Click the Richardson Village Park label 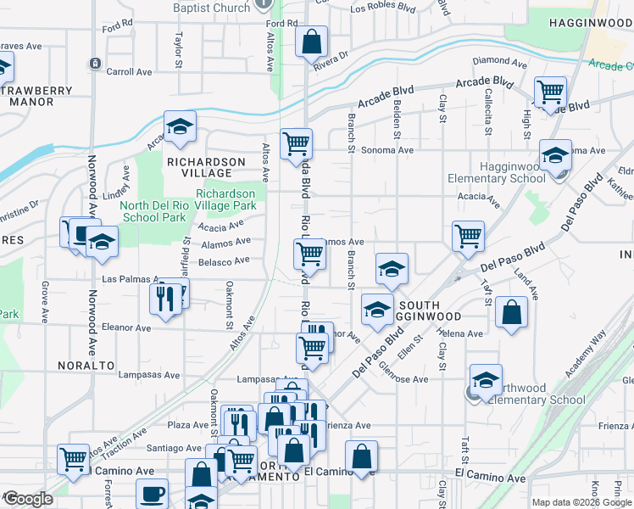pyautogui.click(x=226, y=199)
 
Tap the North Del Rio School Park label pyautogui.click(x=153, y=211)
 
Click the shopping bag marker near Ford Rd pyautogui.click(x=311, y=41)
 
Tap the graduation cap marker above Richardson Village pyautogui.click(x=180, y=127)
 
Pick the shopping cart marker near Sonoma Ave pyautogui.click(x=296, y=144)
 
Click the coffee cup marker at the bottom pyautogui.click(x=153, y=493)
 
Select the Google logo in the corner pyautogui.click(x=28, y=499)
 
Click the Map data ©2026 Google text pyautogui.click(x=581, y=502)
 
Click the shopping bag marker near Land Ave pyautogui.click(x=512, y=312)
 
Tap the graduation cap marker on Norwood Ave pyautogui.click(x=102, y=243)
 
